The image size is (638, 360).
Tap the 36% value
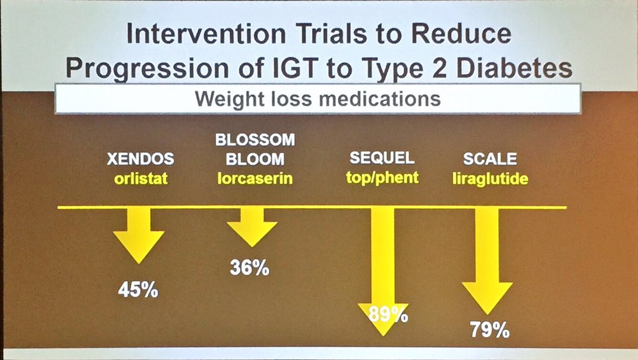tap(249, 268)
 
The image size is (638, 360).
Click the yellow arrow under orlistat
tap(138, 235)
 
